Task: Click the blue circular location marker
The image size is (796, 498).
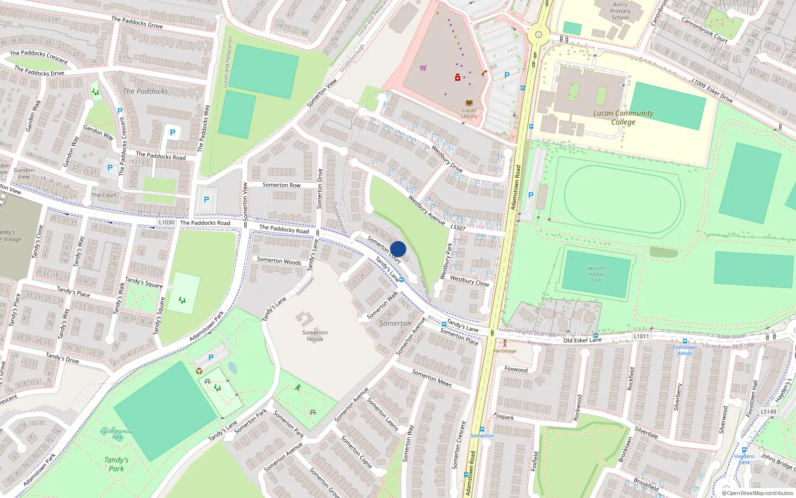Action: (398, 249)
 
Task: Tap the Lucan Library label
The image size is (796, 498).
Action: (469, 113)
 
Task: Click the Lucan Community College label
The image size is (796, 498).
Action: (623, 118)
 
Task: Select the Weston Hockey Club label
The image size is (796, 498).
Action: (596, 274)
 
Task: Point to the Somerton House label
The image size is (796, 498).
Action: (315, 336)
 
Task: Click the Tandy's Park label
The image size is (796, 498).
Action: (116, 464)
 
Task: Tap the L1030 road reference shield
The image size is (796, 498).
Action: (167, 223)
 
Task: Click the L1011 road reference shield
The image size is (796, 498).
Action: (641, 336)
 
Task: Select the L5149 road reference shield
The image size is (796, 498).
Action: (768, 411)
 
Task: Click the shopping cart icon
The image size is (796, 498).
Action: (423, 68)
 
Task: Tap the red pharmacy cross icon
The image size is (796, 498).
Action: (458, 77)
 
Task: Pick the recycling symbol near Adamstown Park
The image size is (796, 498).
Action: (199, 371)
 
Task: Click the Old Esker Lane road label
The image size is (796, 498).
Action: (582, 340)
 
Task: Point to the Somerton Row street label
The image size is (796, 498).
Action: (282, 185)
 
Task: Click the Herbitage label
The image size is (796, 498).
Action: (504, 351)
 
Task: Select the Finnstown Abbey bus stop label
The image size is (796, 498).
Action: (685, 350)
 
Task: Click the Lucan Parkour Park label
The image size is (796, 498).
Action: (117, 434)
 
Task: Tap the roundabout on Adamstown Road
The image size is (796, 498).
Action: (538, 35)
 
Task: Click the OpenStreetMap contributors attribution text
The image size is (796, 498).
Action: (757, 493)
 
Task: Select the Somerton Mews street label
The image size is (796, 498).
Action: (431, 378)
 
